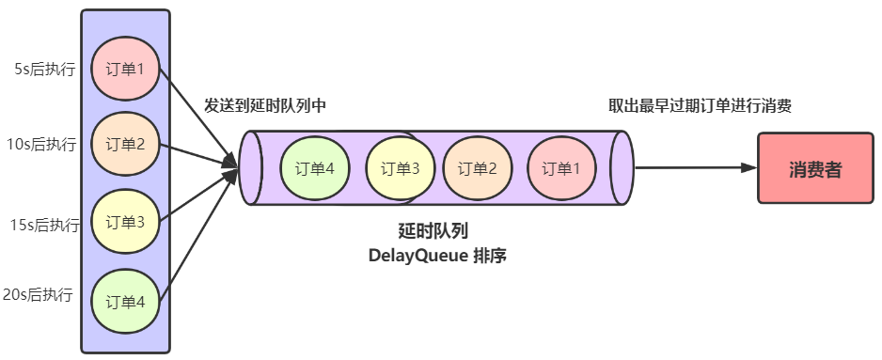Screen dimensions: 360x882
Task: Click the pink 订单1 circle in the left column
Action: click(125, 69)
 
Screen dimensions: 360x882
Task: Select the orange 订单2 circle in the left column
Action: click(125, 145)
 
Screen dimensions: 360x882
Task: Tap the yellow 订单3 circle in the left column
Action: click(125, 223)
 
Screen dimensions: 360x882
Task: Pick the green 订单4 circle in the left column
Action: click(125, 301)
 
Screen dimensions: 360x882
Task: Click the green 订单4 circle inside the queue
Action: click(315, 168)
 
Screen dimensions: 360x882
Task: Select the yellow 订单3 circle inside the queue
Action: click(400, 168)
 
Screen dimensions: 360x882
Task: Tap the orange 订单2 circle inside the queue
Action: click(477, 168)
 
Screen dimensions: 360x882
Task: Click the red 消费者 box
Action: click(814, 169)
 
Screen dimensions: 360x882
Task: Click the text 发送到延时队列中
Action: click(264, 106)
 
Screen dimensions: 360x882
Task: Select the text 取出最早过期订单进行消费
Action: click(700, 106)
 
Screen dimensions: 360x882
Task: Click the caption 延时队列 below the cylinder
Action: click(433, 230)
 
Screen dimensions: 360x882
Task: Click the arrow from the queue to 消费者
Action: click(696, 168)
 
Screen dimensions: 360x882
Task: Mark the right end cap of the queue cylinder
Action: click(622, 168)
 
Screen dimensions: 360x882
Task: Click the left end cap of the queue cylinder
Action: click(250, 168)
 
